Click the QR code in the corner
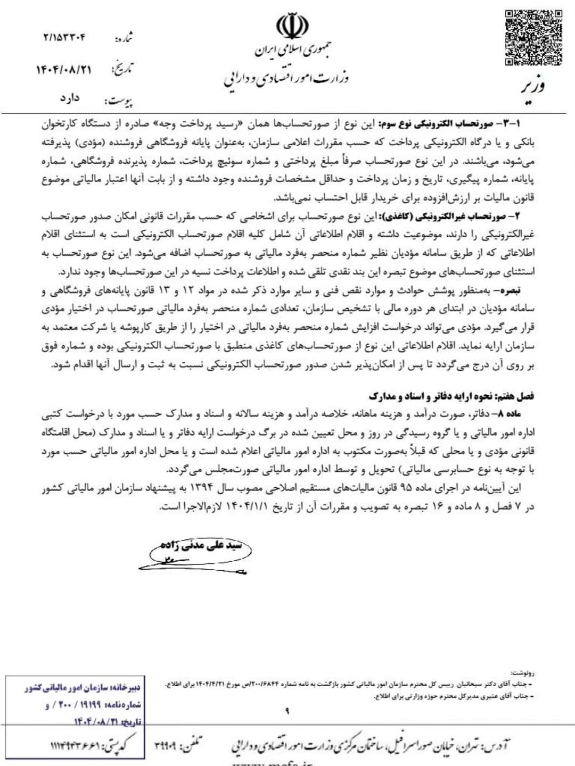tap(533, 38)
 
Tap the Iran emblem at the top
tap(292, 26)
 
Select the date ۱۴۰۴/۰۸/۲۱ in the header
tap(64, 70)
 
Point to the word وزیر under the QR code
tap(532, 86)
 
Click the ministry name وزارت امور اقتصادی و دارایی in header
tap(286, 80)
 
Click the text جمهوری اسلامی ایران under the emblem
tap(292, 50)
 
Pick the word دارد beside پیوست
tap(70, 98)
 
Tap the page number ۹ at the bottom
tap(287, 711)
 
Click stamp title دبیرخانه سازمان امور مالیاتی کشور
tap(83, 688)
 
